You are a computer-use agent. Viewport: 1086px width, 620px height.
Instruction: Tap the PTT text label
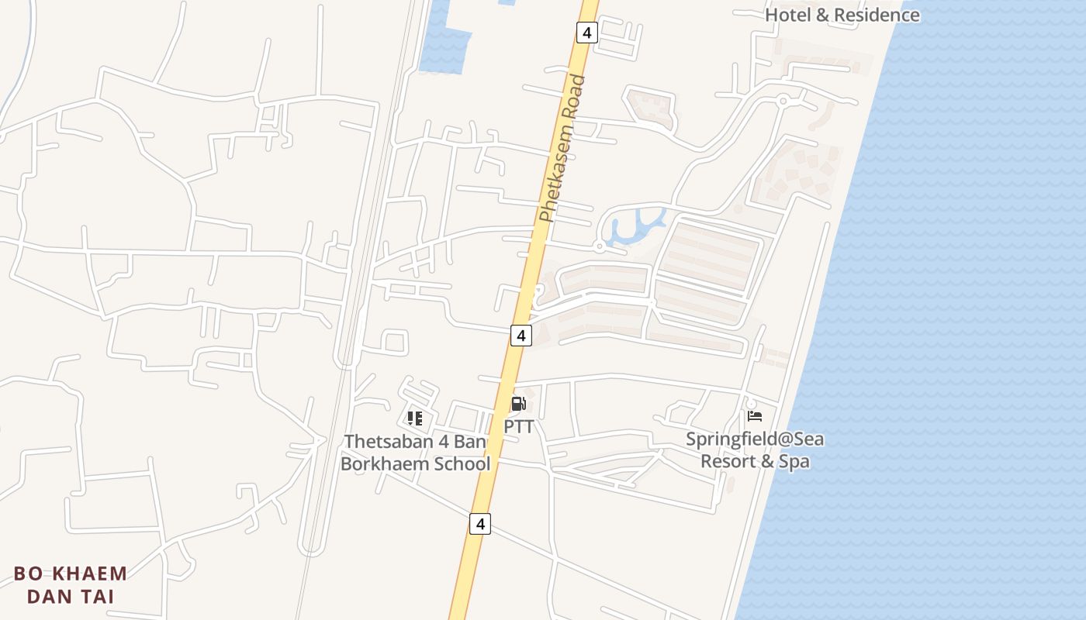click(519, 426)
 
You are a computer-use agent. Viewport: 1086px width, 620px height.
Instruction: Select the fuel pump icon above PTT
click(518, 403)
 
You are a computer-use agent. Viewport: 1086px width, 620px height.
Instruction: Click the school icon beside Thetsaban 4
click(415, 418)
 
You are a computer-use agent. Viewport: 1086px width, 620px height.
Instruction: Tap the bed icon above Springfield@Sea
click(755, 416)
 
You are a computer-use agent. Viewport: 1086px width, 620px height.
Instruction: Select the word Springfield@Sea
click(755, 439)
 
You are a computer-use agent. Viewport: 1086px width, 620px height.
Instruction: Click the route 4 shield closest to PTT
click(521, 336)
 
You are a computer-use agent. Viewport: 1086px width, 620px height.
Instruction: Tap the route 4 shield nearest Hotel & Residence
click(586, 33)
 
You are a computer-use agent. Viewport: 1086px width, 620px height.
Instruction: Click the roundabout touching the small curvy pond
click(599, 246)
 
